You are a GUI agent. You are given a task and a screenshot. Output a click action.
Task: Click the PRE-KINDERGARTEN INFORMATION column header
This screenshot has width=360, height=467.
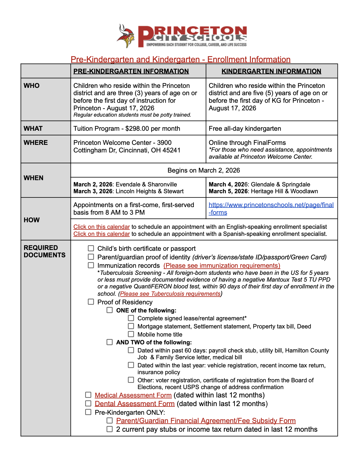(131, 71)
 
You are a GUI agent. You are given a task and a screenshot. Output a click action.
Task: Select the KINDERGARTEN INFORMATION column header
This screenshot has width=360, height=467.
(271, 71)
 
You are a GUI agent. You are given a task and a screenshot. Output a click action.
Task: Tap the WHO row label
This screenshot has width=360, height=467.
(32, 86)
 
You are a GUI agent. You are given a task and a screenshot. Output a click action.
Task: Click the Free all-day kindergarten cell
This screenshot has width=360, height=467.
(245, 129)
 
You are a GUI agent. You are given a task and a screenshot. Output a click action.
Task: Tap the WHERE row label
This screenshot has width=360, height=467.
(36, 143)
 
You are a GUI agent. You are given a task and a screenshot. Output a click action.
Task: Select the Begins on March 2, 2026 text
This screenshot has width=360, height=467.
(204, 170)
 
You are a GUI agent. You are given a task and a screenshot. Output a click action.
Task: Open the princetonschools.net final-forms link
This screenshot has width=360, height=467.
(271, 205)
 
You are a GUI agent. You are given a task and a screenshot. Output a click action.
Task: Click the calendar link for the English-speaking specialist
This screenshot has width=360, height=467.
(101, 227)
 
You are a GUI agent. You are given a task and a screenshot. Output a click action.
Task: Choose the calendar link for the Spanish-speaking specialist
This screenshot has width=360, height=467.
(101, 234)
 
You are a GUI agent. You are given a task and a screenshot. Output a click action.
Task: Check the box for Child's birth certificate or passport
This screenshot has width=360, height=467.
(91, 248)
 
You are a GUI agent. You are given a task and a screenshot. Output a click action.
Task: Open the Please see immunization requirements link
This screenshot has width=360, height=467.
(222, 266)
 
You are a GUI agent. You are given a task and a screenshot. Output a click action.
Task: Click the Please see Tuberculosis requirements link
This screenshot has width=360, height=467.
(170, 294)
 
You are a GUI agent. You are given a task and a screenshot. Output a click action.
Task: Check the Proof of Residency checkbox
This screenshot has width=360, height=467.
(91, 302)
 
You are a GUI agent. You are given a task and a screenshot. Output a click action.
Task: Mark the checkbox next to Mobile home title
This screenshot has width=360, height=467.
(131, 334)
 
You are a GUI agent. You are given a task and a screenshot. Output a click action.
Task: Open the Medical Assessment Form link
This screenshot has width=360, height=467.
(133, 395)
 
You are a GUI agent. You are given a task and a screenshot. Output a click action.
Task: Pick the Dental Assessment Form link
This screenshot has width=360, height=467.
(135, 404)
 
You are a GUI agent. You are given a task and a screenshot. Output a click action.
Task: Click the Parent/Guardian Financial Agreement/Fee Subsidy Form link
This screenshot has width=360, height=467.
(206, 421)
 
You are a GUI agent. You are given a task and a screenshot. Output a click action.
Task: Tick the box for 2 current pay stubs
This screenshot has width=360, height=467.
(110, 429)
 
